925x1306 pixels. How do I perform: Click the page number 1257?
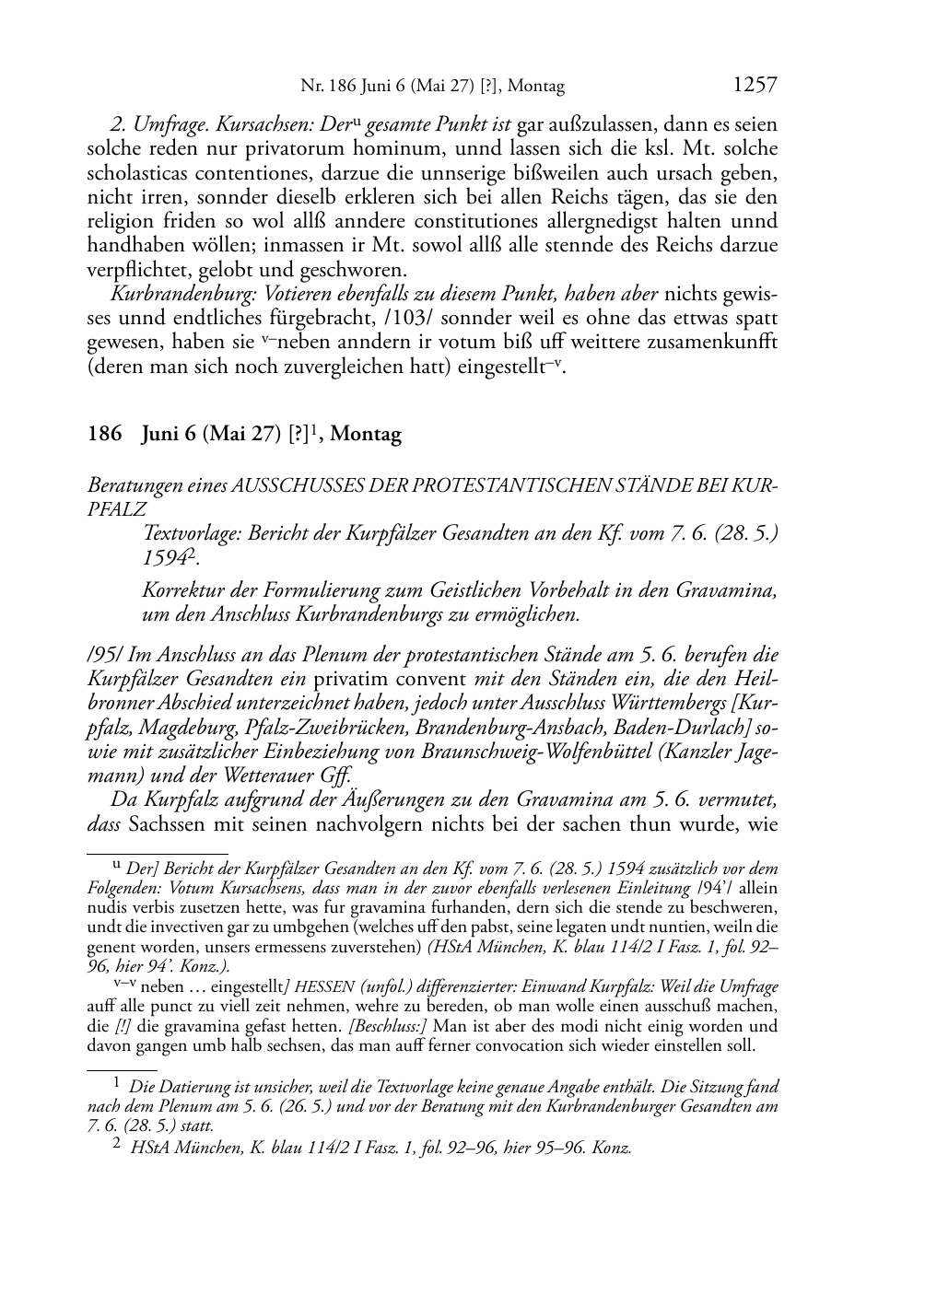pos(755,86)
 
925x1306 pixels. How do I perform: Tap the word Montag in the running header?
pos(534,87)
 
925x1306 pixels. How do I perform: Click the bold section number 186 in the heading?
pos(104,435)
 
